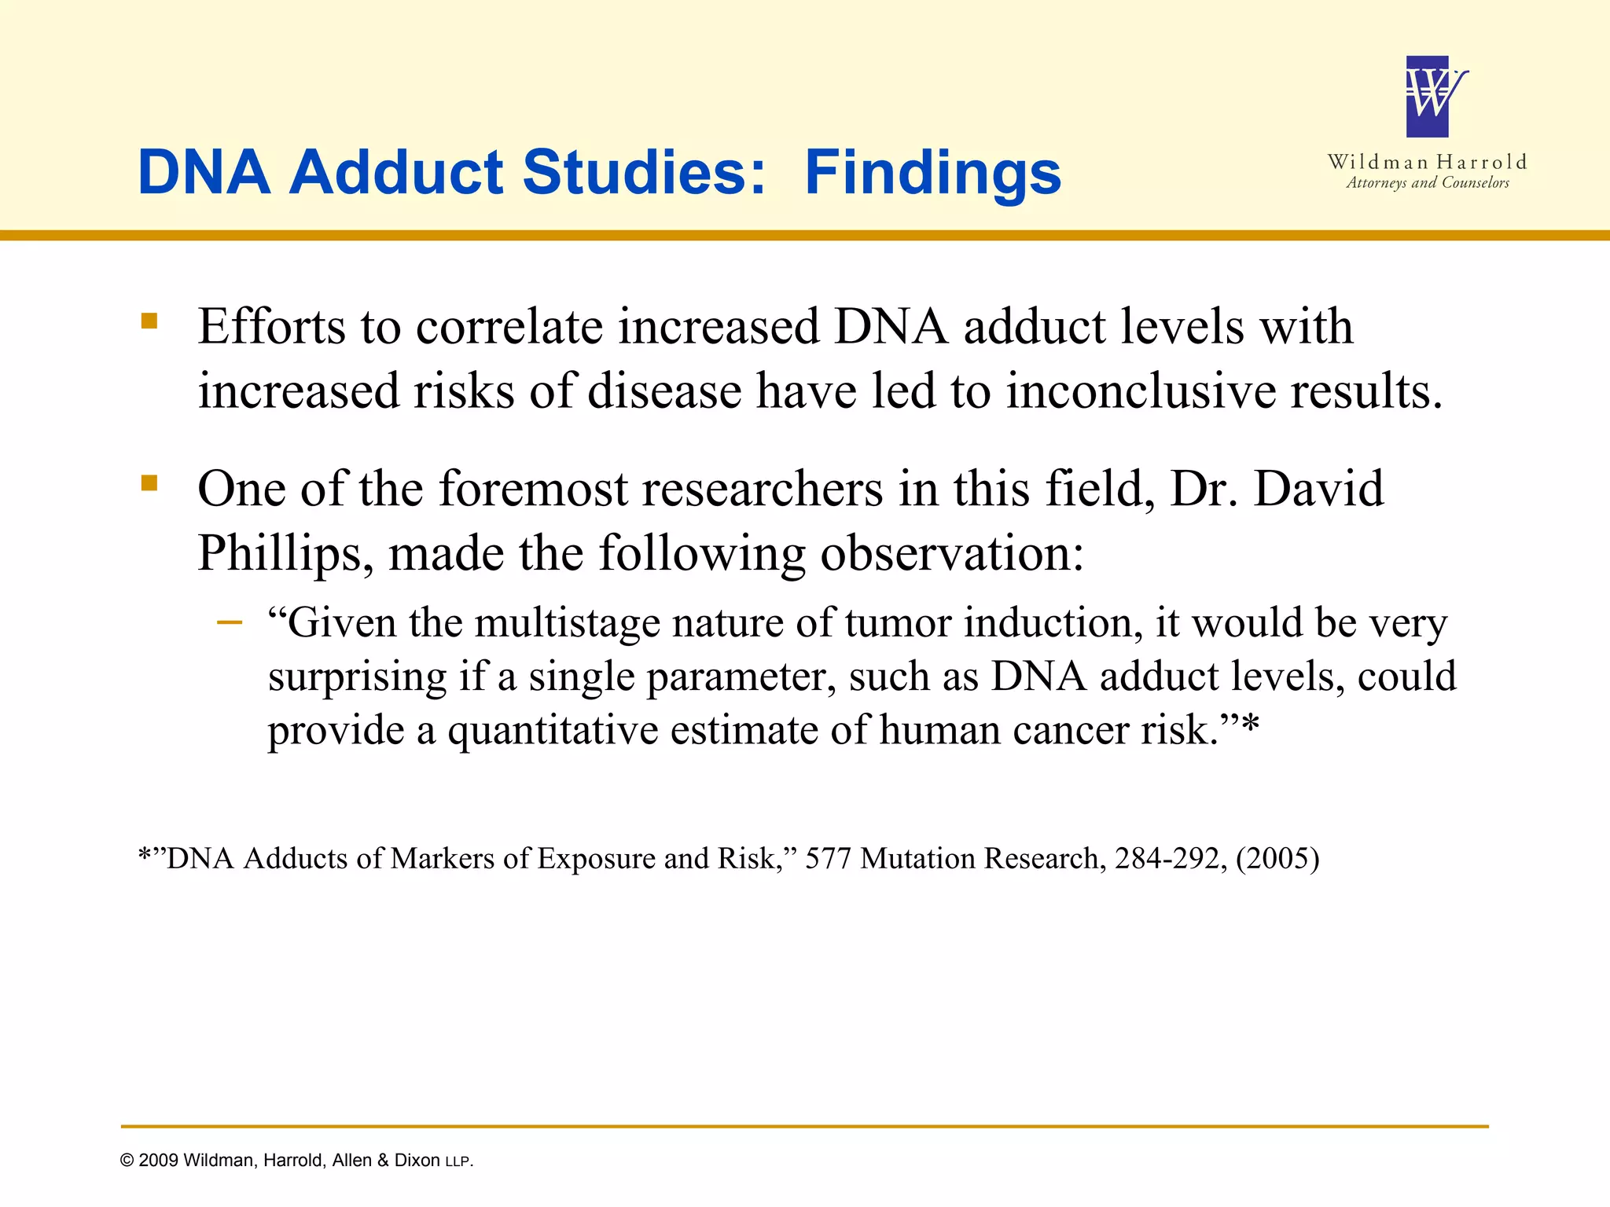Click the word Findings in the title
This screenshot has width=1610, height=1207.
tap(932, 173)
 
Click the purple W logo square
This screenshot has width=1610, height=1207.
tap(1427, 97)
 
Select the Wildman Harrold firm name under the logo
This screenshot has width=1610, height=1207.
tap(1427, 162)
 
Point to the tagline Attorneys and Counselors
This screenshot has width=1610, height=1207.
tap(1427, 183)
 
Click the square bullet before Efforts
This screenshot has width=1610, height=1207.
tap(149, 321)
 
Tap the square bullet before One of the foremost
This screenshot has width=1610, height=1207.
tap(149, 482)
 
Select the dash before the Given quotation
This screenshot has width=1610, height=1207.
tap(230, 623)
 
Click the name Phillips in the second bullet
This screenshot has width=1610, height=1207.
tap(279, 553)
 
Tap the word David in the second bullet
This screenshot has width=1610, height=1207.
tap(1318, 489)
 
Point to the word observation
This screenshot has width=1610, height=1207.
tap(952, 553)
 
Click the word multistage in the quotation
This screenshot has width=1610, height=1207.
tap(568, 622)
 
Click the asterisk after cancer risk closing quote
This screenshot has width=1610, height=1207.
tap(1250, 728)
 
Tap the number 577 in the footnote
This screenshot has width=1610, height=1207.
tap(828, 858)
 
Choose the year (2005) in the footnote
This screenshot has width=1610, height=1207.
tap(1277, 858)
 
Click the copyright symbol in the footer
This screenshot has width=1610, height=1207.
tap(127, 1161)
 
